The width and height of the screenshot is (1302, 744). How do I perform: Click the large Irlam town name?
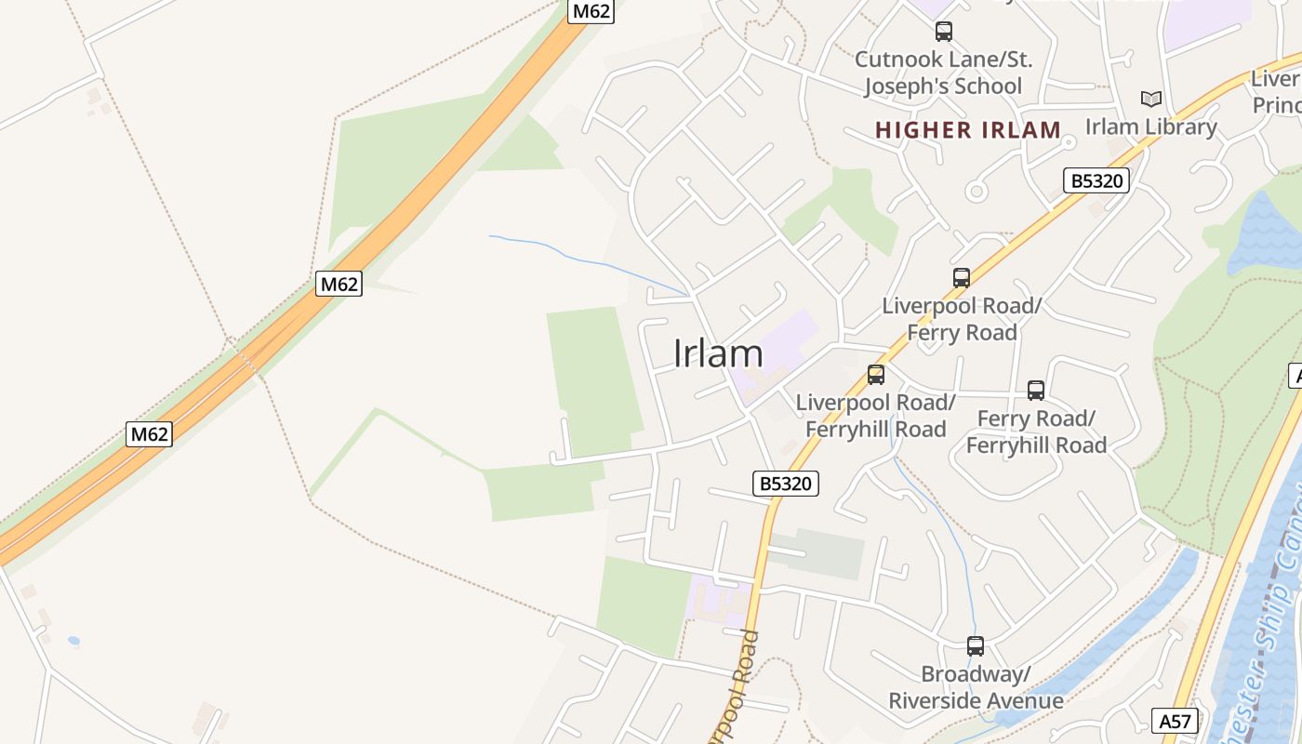(x=718, y=353)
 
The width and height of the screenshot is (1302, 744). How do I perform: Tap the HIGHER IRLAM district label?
(x=968, y=130)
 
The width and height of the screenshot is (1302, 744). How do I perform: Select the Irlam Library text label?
(x=1151, y=126)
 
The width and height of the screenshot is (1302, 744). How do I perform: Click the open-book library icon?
(x=1151, y=99)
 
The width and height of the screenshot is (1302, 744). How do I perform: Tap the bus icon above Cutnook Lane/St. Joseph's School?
(x=944, y=32)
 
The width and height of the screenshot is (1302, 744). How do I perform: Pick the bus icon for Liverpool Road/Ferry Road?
(x=962, y=277)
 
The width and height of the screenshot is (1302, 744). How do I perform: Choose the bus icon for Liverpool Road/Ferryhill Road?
(x=876, y=375)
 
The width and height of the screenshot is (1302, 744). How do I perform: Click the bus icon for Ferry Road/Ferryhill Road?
(x=1036, y=391)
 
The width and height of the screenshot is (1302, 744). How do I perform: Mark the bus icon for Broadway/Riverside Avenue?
(x=976, y=645)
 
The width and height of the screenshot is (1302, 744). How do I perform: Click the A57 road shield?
(x=1175, y=720)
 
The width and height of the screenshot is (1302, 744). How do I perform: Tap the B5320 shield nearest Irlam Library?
(x=1096, y=180)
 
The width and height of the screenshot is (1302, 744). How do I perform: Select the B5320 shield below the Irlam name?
(x=786, y=483)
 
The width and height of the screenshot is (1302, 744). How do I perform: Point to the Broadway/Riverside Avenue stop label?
(x=976, y=687)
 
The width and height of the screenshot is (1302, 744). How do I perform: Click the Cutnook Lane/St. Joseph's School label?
(x=943, y=73)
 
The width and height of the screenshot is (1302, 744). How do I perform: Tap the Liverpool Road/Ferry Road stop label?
(x=962, y=319)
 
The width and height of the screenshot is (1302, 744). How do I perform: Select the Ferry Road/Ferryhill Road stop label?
(x=1036, y=432)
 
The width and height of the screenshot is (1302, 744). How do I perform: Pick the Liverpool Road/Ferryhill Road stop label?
(x=876, y=416)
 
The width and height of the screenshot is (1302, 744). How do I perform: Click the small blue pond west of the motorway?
(x=73, y=641)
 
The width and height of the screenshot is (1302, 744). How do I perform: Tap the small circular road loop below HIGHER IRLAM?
(x=976, y=193)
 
